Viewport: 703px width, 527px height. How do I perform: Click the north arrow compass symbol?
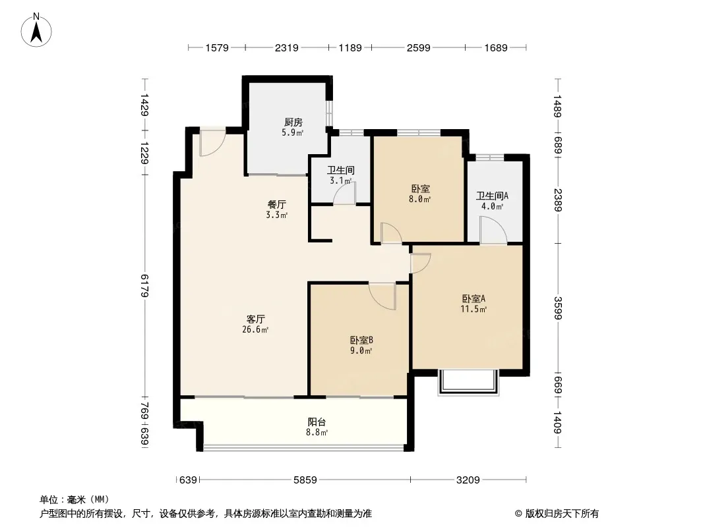36,30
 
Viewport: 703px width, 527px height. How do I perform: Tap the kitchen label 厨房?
293,123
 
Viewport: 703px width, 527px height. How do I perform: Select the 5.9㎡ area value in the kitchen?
292,132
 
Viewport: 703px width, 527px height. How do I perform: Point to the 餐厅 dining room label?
276,205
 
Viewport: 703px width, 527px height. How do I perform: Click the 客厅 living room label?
256,319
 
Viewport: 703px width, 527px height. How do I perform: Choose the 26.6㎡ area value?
255,330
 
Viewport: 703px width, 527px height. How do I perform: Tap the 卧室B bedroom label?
361,341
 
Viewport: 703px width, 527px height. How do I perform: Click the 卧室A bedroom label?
474,298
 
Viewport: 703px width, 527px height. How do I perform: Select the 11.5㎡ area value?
474,309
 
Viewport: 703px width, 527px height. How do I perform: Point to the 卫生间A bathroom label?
492,196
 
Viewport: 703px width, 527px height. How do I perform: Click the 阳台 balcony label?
317,422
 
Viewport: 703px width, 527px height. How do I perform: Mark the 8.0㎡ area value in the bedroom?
419,199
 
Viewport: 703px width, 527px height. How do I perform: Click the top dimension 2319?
286,47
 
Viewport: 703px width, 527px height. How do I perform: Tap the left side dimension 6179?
144,286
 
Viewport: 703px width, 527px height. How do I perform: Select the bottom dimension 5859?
305,480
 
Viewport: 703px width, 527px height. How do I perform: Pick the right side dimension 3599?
557,308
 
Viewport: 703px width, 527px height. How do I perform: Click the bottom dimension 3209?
468,480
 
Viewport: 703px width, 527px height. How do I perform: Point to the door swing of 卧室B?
383,296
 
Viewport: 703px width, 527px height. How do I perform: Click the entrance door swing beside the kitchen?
212,142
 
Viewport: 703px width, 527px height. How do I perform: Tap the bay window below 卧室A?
468,383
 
